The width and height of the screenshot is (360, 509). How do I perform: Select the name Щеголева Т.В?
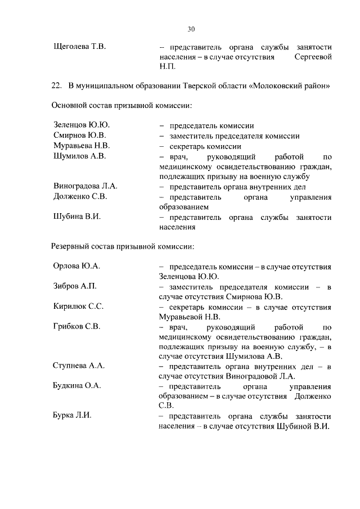[x=79, y=47]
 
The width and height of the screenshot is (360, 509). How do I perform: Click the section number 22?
[x=56, y=85]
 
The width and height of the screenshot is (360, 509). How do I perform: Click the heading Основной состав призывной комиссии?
[x=122, y=105]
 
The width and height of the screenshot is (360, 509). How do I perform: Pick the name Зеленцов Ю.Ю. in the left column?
[x=81, y=125]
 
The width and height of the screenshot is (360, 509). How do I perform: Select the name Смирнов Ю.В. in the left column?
[x=79, y=136]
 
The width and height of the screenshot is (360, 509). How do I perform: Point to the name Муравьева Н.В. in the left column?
[x=82, y=146]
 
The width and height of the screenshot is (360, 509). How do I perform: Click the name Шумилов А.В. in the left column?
[x=79, y=156]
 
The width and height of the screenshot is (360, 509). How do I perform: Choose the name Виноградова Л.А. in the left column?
[x=85, y=187]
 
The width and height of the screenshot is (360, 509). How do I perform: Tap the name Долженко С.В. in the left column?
[x=80, y=197]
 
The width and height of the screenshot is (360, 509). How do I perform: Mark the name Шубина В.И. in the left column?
[x=77, y=217]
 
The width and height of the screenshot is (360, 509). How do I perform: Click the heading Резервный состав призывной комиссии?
[x=123, y=246]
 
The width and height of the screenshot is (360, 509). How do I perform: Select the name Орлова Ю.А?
[x=76, y=266]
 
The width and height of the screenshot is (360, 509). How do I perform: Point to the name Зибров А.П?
[x=75, y=286]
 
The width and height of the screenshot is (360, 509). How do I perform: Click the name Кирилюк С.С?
[x=78, y=307]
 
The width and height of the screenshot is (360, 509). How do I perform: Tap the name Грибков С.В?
[x=76, y=327]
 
